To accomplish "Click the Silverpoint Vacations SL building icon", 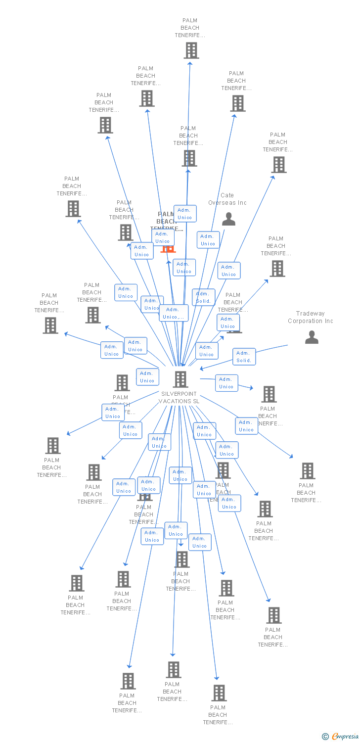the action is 180,379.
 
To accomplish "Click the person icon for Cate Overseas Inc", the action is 228,219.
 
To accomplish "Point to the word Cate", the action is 227,195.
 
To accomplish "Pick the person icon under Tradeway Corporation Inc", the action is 312,337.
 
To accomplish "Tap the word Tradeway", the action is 310,314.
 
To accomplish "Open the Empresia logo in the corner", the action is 345,737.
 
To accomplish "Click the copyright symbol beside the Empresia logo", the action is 325,737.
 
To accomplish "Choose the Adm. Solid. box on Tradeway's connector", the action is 244,357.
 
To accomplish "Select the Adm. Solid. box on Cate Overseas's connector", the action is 203,297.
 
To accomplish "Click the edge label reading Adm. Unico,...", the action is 174,313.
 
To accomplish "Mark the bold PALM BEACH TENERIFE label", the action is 167,221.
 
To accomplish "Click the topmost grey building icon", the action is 191,50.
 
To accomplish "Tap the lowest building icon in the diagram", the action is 219,693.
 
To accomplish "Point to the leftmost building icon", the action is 50,325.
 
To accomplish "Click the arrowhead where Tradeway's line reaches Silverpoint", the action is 201,369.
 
